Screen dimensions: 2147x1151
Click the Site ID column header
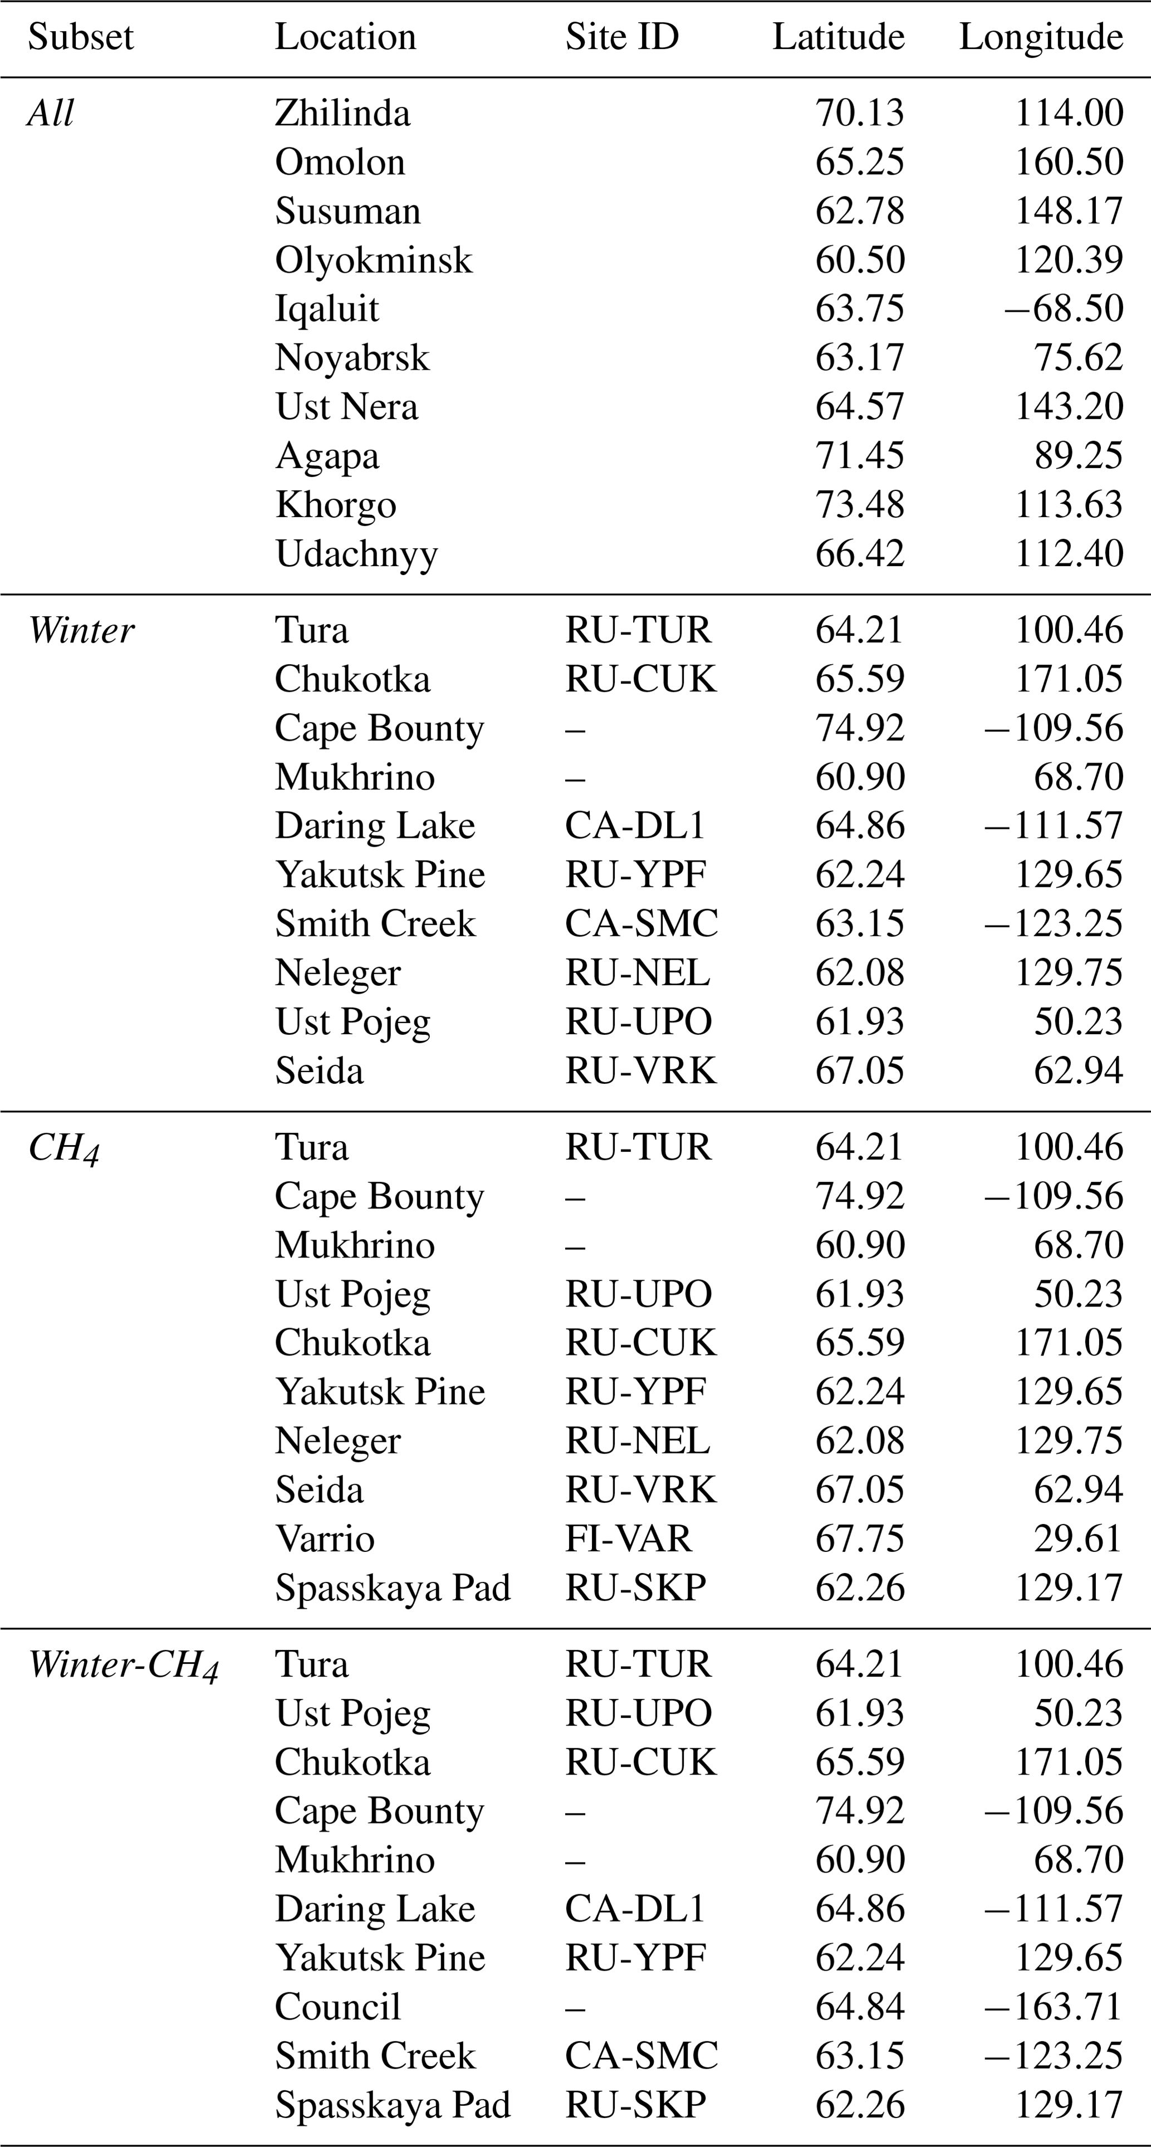622,37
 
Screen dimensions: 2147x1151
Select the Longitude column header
1041,37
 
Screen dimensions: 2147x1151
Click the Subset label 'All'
51,114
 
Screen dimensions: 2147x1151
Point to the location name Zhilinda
342,114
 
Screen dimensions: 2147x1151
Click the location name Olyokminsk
374,260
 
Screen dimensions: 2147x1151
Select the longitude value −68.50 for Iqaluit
1064,309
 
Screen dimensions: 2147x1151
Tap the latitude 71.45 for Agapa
859,456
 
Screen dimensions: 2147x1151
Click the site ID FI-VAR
629,1539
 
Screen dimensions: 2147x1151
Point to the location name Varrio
325,1539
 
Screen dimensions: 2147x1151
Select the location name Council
337,2007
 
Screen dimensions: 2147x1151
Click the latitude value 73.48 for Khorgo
859,505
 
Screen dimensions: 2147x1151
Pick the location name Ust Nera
347,407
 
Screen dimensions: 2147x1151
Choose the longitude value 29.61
1079,1539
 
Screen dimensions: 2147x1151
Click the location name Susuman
347,212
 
